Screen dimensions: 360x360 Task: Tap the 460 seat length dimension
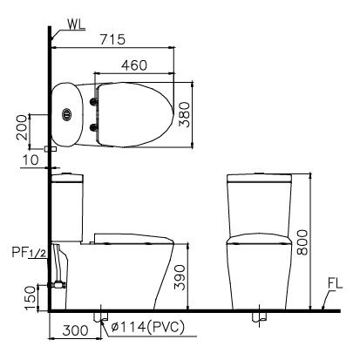tap(134, 65)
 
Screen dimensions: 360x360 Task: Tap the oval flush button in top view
tap(68, 113)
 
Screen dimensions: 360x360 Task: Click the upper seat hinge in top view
tap(93, 100)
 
